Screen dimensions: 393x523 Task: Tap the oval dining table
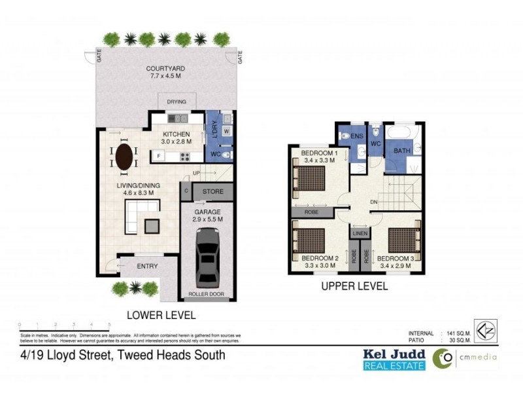pos(125,157)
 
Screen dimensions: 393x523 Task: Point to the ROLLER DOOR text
pos(207,295)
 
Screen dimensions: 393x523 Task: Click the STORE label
pos(212,192)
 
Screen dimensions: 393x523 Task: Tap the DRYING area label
pos(177,102)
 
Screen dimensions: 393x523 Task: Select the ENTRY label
pos(147,267)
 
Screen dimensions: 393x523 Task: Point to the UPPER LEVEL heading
pos(354,287)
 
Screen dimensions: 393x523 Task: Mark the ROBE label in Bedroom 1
pos(311,212)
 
